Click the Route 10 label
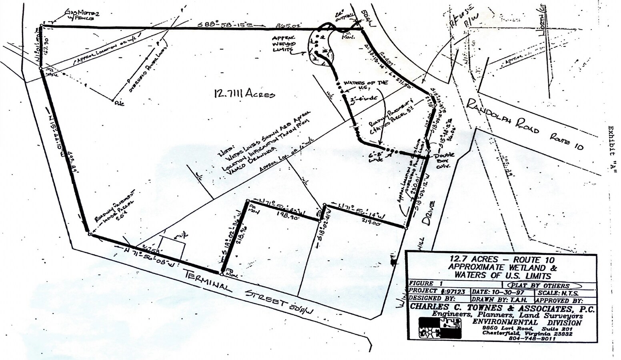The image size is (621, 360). click(x=567, y=142)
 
